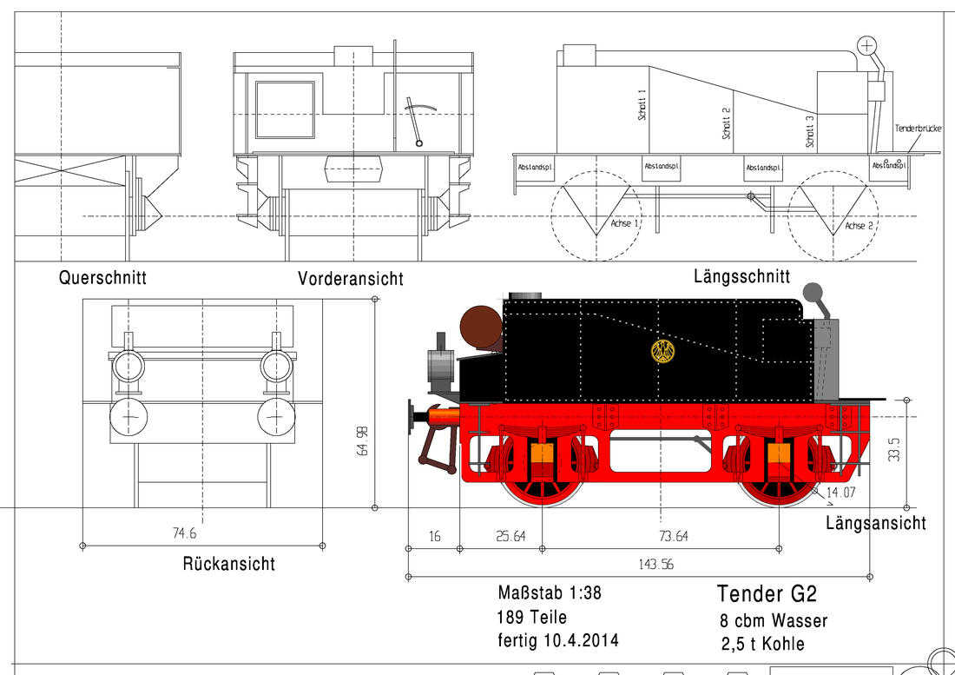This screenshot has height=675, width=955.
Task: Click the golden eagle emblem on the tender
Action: point(663,352)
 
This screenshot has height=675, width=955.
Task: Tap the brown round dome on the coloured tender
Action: point(481,328)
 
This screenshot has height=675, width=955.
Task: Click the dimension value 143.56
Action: point(656,565)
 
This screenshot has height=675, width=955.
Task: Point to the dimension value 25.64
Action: point(510,536)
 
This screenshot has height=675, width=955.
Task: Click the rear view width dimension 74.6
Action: point(184,533)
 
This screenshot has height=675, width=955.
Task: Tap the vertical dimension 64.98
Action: point(364,440)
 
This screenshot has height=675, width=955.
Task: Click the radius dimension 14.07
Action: point(842,492)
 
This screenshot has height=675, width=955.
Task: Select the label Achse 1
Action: point(624,223)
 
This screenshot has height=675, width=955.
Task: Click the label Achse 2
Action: point(859,226)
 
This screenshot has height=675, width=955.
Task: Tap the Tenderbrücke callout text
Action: point(918,129)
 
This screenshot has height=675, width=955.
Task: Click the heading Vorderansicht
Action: point(350,279)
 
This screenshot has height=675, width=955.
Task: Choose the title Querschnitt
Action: point(102,278)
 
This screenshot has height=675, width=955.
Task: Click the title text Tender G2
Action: point(767,593)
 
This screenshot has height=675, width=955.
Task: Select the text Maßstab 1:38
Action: point(550,592)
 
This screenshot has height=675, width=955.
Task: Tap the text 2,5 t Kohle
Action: point(762,644)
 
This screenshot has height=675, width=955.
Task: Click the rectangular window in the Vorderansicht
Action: point(285,109)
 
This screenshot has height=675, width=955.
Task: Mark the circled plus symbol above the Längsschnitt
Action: point(866,44)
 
